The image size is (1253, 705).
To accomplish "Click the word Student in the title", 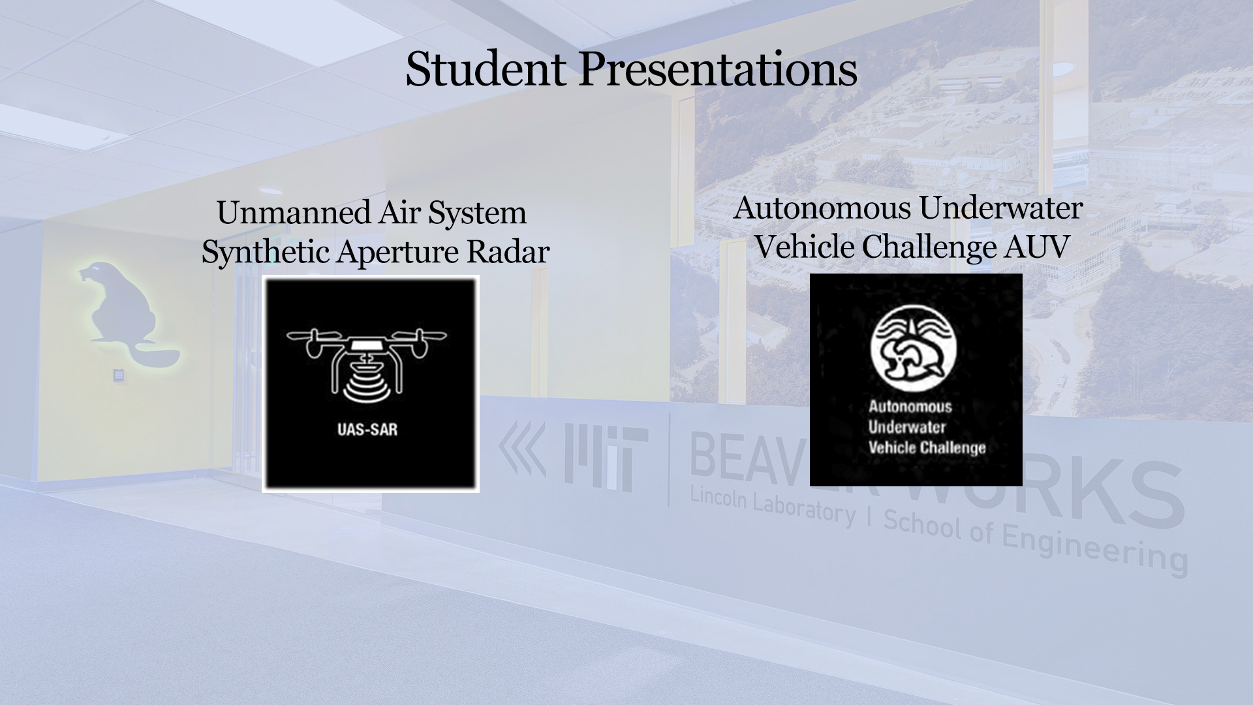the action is [x=486, y=69].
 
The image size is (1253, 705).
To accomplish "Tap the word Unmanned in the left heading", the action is [x=294, y=213].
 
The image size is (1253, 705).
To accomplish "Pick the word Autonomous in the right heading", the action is [x=822, y=208].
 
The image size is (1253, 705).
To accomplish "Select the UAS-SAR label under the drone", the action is [x=367, y=430].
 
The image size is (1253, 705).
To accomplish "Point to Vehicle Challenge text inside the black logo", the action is [x=927, y=448].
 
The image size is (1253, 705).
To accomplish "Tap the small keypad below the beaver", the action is [x=119, y=375].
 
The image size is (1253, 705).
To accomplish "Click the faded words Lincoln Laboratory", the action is [x=773, y=506].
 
